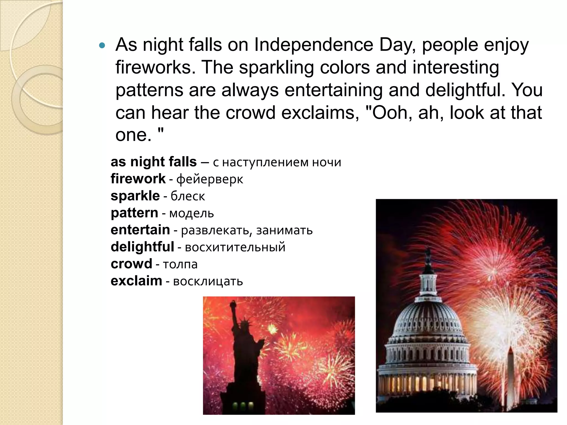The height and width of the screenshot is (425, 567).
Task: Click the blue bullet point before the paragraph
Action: coord(102,45)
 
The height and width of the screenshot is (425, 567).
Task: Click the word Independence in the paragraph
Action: coord(314,45)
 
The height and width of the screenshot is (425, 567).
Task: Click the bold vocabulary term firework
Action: coord(138,179)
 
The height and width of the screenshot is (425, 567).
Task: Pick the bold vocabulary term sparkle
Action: coord(135,196)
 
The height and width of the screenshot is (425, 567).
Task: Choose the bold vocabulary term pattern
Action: coord(134,213)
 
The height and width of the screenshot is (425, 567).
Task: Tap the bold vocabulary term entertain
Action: coord(140,230)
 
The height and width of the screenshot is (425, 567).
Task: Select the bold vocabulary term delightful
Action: coord(142,247)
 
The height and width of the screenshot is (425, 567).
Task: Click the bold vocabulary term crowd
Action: coord(131,264)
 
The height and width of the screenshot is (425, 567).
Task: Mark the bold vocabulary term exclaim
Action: coord(136,281)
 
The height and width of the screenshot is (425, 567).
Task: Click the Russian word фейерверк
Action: coord(210,179)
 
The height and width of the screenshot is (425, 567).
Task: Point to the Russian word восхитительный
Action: coord(235,247)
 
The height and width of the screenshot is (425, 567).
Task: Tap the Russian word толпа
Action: coord(180,265)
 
